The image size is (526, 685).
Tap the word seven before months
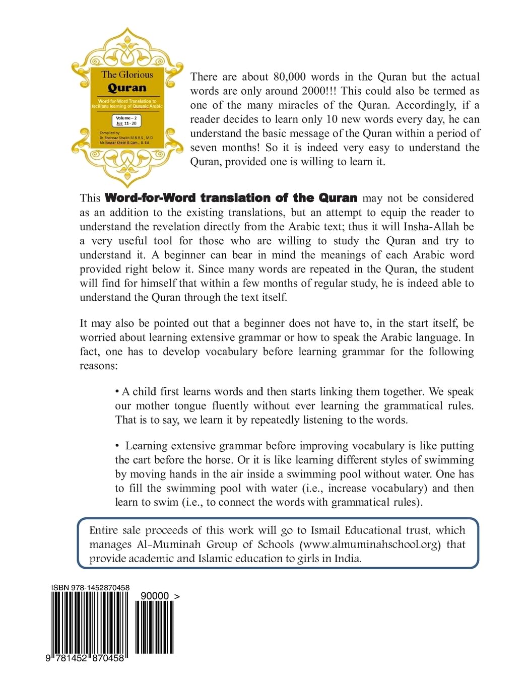pos(206,148)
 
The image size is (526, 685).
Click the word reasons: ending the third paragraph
pos(98,366)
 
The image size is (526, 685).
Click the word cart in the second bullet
pos(146,460)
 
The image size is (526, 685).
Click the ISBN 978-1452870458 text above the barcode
pos(90,588)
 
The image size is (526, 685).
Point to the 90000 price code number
pos(155,596)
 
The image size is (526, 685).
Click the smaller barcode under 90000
pos(155,627)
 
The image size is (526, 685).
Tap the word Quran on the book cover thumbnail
pos(126,88)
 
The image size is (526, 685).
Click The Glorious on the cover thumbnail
pos(127,75)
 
